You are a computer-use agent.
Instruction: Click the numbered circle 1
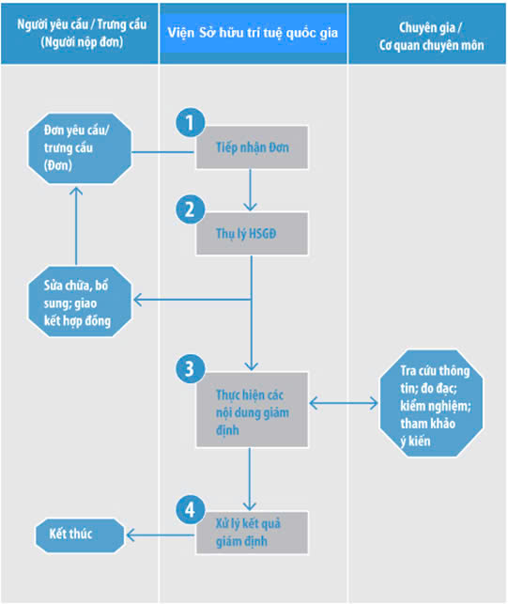(191, 122)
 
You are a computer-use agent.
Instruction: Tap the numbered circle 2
(191, 209)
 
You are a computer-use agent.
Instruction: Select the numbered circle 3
(191, 368)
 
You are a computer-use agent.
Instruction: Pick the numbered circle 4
(191, 510)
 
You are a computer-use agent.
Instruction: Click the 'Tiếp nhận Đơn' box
(252, 147)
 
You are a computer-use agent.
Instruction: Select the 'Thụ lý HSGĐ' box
(252, 234)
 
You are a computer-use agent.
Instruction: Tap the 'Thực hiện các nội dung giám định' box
(252, 410)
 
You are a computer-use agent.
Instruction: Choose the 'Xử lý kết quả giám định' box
(252, 533)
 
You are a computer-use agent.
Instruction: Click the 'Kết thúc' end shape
(80, 535)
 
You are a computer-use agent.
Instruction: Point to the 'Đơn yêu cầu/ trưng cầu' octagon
(80, 148)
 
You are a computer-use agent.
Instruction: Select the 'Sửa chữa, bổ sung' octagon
(80, 302)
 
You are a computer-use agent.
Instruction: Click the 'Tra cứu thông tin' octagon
(431, 403)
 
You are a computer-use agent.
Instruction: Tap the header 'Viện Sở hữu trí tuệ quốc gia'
(253, 33)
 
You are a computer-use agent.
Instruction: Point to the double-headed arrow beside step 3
(344, 403)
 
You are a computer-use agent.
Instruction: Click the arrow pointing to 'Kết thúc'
(161, 535)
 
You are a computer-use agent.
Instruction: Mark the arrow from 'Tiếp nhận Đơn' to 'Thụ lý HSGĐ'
(251, 191)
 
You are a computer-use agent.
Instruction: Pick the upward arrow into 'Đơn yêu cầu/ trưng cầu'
(76, 226)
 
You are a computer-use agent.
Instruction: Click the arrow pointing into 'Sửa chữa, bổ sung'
(192, 300)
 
